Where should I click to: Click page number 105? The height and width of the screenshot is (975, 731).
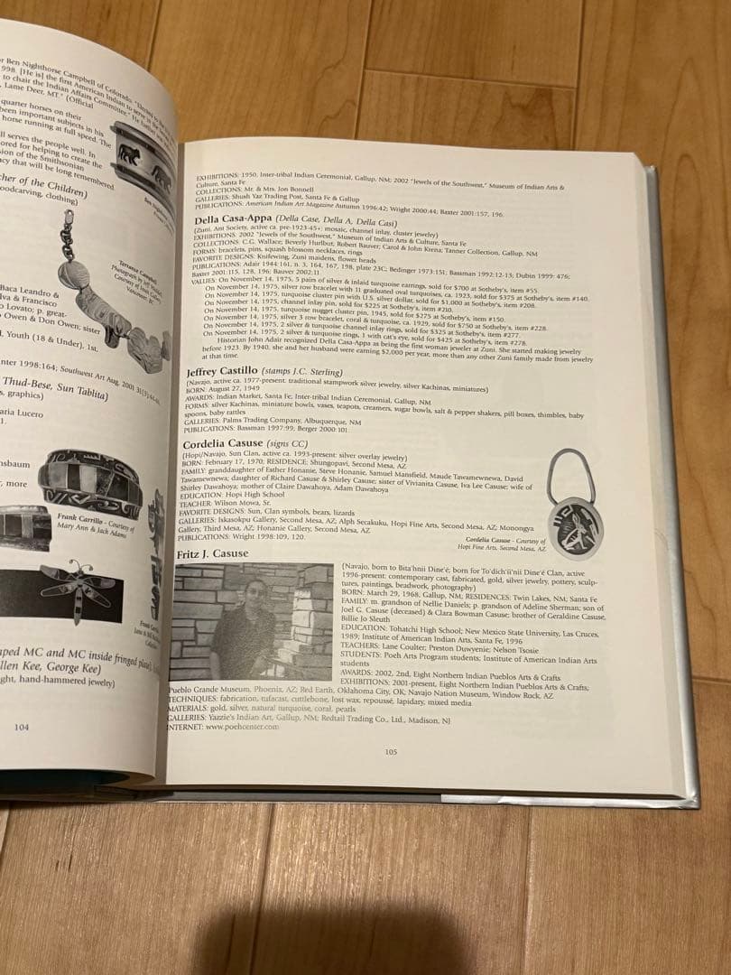(391, 751)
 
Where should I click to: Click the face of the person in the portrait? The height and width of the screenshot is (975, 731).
(254, 593)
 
